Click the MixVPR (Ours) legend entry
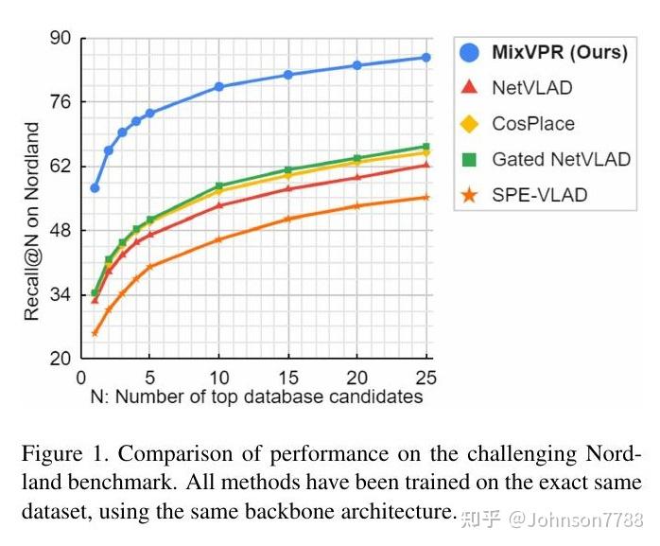pyautogui.click(x=559, y=52)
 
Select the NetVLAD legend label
pyautogui.click(x=531, y=88)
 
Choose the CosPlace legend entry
pyautogui.click(x=532, y=124)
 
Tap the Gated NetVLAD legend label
pyautogui.click(x=561, y=159)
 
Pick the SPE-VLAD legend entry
pyautogui.click(x=539, y=195)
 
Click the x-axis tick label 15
pyautogui.click(x=287, y=376)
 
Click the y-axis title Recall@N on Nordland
pyautogui.click(x=33, y=220)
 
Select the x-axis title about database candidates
pyautogui.click(x=256, y=396)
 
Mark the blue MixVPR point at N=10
pyautogui.click(x=218, y=86)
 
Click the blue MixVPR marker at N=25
pyautogui.click(x=426, y=58)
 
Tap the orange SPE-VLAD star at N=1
pyautogui.click(x=95, y=333)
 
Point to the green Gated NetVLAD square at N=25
pyautogui.click(x=426, y=147)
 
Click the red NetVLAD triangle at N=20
pyautogui.click(x=356, y=177)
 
